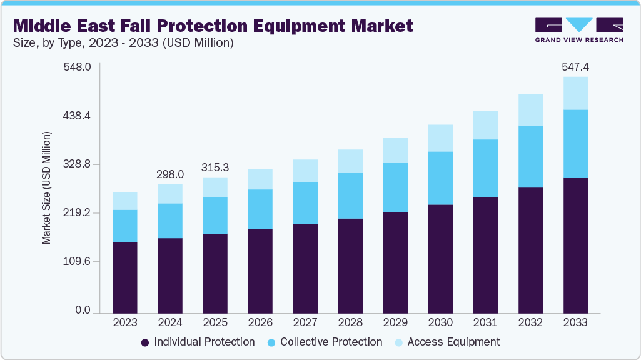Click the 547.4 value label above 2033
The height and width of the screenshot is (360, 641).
coord(575,67)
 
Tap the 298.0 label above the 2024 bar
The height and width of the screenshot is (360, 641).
coord(170,174)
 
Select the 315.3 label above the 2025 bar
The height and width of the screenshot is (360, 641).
coord(215,167)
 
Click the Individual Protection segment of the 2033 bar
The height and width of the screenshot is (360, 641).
coord(575,245)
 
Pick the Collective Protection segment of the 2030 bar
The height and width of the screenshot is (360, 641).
coord(440,178)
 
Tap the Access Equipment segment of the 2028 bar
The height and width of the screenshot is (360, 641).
coord(350,161)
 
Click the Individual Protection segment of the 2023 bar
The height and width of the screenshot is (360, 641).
coord(125,277)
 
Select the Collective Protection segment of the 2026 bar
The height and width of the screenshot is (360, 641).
coord(260,209)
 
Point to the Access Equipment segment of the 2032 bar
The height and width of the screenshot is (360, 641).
coord(530,110)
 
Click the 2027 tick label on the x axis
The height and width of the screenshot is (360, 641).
coord(305,322)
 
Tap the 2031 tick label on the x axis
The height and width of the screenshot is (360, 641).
coord(485,322)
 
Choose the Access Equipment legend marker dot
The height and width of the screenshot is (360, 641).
coord(398,342)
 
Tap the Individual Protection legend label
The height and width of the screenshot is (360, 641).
coord(204,342)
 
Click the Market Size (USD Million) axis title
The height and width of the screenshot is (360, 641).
coord(47,188)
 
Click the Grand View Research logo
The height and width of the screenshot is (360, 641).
coord(579,30)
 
